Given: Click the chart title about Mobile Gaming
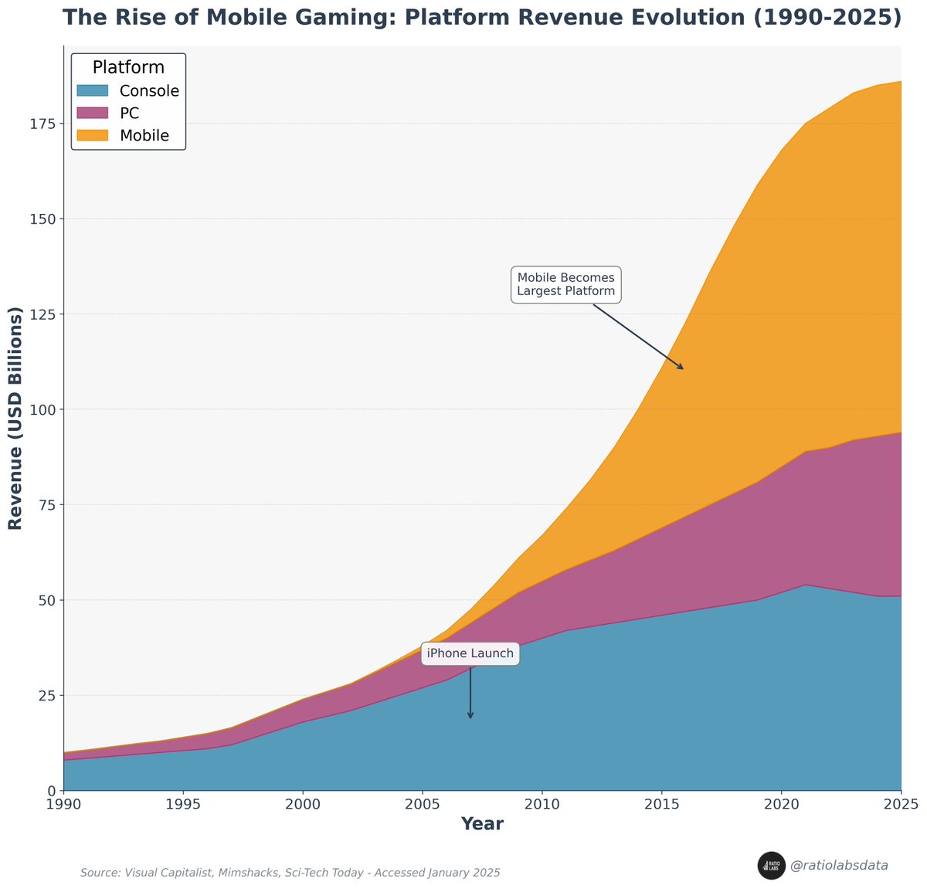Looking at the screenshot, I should [x=482, y=19].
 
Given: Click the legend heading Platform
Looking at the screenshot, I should [x=128, y=68].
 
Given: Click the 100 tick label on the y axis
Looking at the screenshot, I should [x=42, y=409].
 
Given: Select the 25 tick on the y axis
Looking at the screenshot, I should [x=46, y=695].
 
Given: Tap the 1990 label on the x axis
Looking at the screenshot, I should [x=63, y=805].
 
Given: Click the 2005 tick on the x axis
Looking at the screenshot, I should [x=422, y=805].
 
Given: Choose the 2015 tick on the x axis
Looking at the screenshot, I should [x=661, y=805].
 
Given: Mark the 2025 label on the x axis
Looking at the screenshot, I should [x=901, y=805].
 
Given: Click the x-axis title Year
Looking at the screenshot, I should [x=482, y=824].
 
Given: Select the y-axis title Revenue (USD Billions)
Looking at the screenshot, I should [x=15, y=418].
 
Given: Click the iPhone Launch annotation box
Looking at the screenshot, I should [x=470, y=653].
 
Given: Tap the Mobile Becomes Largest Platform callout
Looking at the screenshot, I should [x=566, y=285].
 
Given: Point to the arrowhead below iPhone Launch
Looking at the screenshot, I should [x=470, y=716].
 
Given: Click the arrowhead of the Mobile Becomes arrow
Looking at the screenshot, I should [x=681, y=368].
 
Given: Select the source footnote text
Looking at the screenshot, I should [x=290, y=873].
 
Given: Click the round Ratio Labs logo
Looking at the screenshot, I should [x=771, y=866].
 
